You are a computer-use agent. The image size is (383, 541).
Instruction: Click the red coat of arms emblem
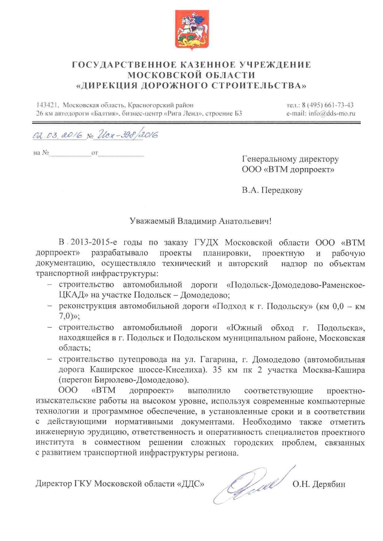click(x=192, y=30)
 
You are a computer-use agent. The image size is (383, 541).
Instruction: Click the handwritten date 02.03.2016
click(x=58, y=135)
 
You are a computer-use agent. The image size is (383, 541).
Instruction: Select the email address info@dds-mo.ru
click(x=332, y=113)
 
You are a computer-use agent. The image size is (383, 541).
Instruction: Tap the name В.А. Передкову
click(x=272, y=190)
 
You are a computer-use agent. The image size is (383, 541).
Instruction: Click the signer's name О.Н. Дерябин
click(x=319, y=484)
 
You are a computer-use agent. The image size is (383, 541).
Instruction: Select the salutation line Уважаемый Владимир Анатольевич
click(x=200, y=221)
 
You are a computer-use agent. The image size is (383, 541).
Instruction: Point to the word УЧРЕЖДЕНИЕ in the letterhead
click(x=275, y=65)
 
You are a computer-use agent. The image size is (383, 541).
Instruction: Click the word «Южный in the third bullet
click(x=244, y=327)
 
